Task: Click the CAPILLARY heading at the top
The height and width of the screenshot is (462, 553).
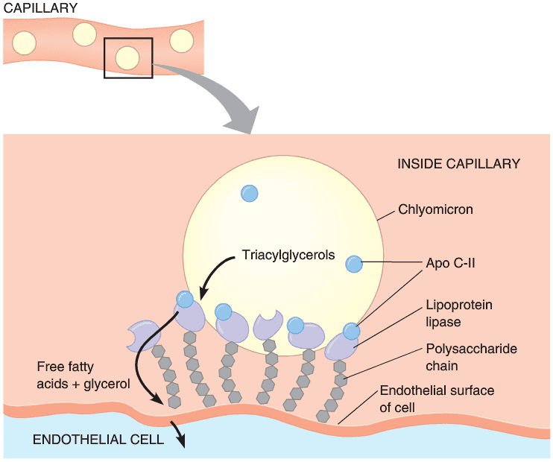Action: pyautogui.click(x=40, y=8)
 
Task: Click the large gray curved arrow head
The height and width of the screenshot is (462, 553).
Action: pyautogui.click(x=244, y=119)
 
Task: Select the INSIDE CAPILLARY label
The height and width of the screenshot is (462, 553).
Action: pyautogui.click(x=459, y=164)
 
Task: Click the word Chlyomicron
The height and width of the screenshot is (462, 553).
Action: pyautogui.click(x=435, y=209)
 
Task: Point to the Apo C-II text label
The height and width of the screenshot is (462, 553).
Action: pyautogui.click(x=450, y=263)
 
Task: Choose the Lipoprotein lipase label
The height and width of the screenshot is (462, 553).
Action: pyautogui.click(x=459, y=313)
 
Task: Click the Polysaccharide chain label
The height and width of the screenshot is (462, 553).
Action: pyautogui.click(x=472, y=357)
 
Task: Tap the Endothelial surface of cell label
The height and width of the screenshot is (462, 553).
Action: pyautogui.click(x=437, y=399)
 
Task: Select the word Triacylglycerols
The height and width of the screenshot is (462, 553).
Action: pyautogui.click(x=288, y=255)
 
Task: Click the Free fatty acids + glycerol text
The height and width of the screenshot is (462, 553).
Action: pyautogui.click(x=83, y=376)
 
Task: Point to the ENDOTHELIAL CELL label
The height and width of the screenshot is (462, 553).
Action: pyautogui.click(x=98, y=440)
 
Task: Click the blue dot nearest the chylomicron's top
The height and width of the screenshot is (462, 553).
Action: pyautogui.click(x=250, y=193)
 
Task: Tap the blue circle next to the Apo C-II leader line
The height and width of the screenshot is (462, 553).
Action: pyautogui.click(x=354, y=264)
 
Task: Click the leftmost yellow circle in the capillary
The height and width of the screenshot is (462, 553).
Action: pyautogui.click(x=25, y=43)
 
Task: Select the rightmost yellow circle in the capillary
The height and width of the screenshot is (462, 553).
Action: pyautogui.click(x=182, y=41)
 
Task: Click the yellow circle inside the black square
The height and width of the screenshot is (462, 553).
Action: pyautogui.click(x=127, y=58)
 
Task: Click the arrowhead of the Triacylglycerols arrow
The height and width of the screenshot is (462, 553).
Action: pyautogui.click(x=204, y=294)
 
